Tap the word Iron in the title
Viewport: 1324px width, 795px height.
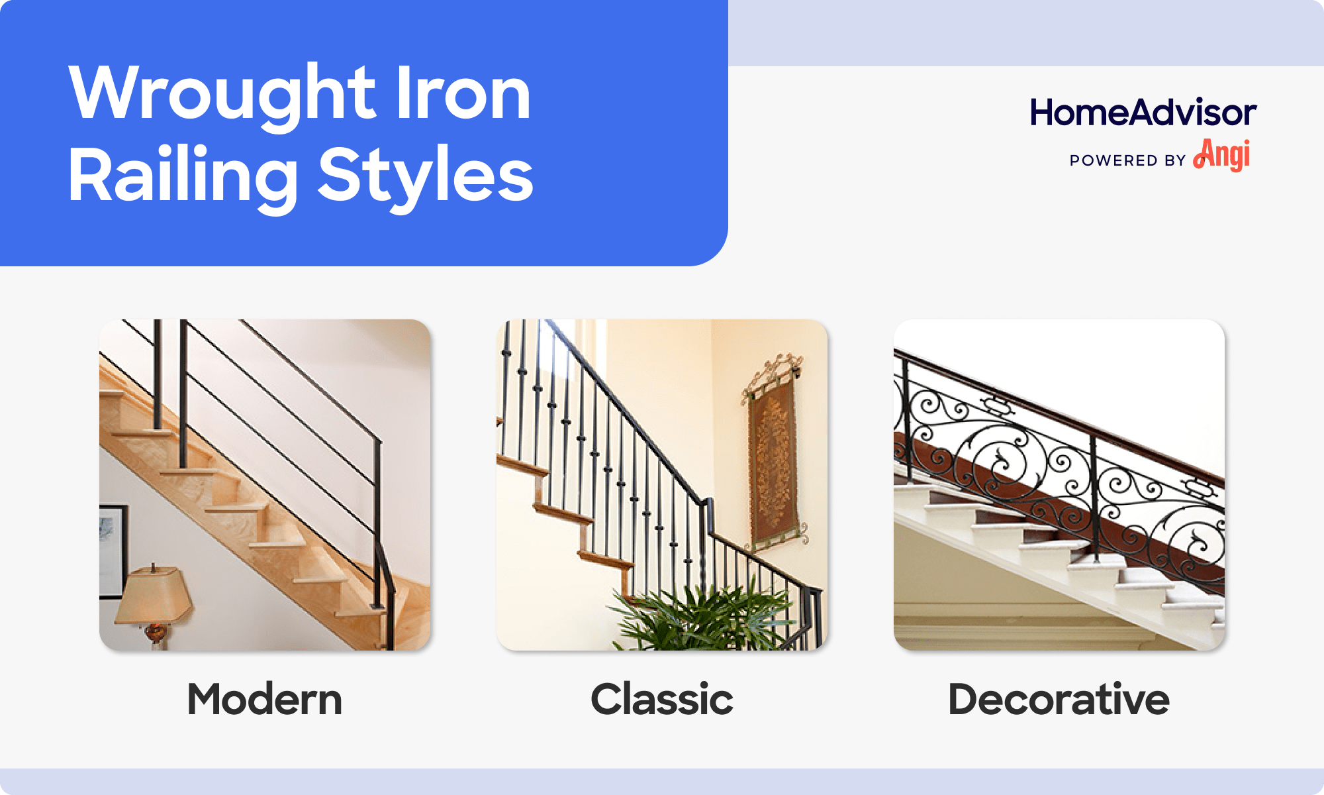(463, 94)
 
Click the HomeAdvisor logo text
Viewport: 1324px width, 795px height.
(1143, 113)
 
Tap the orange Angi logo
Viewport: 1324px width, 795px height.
(1221, 155)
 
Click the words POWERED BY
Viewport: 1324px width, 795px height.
(1127, 160)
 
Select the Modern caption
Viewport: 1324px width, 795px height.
(265, 700)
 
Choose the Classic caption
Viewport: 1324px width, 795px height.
(662, 700)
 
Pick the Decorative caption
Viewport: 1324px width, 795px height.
(1059, 700)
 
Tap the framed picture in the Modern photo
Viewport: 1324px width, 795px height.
(113, 550)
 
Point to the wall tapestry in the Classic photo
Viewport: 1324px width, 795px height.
(773, 464)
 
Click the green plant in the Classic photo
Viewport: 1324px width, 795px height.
(702, 619)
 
